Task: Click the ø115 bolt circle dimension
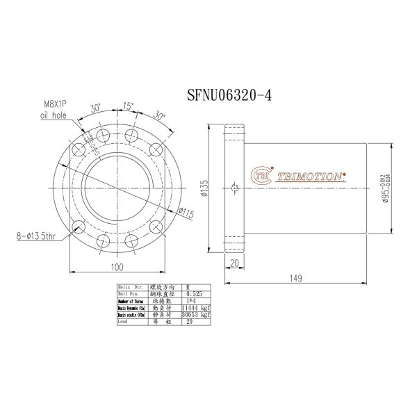(185, 213)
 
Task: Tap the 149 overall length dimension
(295, 279)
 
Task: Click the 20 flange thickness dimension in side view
(234, 262)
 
